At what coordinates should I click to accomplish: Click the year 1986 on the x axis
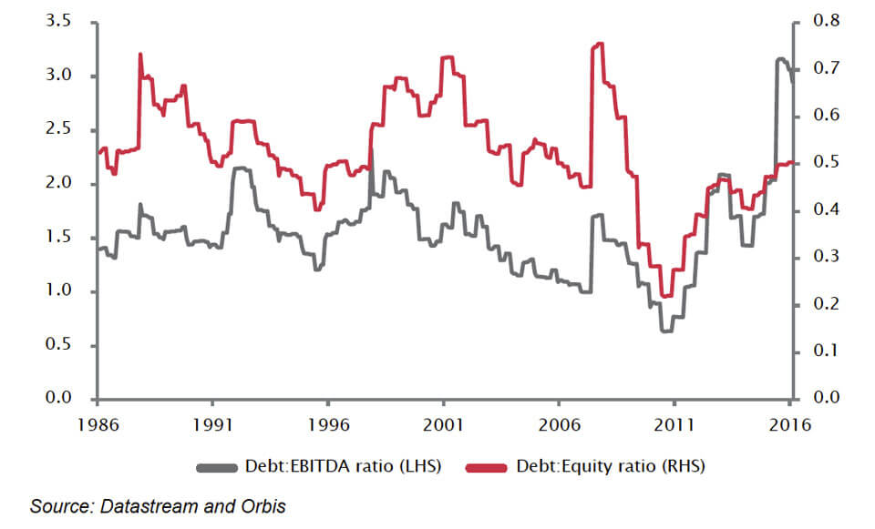click(97, 423)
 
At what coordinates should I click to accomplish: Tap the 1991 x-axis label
click(211, 423)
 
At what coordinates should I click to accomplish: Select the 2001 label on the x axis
click(443, 423)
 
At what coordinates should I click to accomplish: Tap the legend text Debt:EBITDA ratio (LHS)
click(344, 467)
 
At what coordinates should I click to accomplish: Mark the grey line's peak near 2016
click(780, 59)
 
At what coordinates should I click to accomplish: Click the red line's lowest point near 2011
click(666, 296)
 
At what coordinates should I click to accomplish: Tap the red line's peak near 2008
click(600, 44)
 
